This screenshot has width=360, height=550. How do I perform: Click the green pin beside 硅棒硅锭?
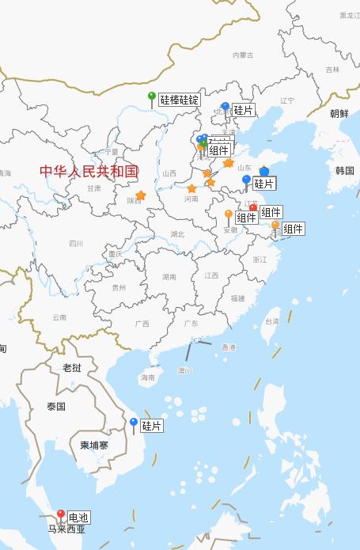click(x=152, y=97)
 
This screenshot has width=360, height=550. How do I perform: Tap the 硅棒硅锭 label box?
click(x=179, y=101)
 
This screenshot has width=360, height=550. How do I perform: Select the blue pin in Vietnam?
click(x=134, y=423)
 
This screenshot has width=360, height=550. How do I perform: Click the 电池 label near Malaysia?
click(x=78, y=518)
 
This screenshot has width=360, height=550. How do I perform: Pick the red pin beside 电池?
click(x=61, y=514)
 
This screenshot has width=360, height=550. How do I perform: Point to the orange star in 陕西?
click(x=141, y=195)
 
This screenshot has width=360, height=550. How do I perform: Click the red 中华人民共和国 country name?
click(x=89, y=171)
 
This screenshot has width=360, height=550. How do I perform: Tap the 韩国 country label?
click(x=344, y=170)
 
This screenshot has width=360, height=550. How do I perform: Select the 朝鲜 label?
click(x=339, y=114)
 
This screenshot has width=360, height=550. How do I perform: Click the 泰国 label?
click(x=55, y=406)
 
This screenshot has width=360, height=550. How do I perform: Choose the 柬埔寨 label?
click(x=94, y=445)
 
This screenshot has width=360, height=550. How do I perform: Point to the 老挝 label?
click(x=72, y=367)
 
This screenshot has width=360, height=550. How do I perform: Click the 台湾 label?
click(x=271, y=322)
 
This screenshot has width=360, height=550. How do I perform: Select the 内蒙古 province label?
click(x=243, y=55)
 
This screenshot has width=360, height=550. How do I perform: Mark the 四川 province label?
click(x=76, y=244)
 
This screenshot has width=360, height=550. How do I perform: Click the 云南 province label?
click(x=59, y=317)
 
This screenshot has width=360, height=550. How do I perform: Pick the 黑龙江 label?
click(x=348, y=15)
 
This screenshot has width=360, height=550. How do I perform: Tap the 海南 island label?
click(x=148, y=377)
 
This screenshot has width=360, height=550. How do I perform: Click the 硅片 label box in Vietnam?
click(x=152, y=426)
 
